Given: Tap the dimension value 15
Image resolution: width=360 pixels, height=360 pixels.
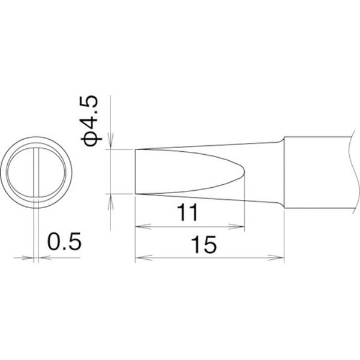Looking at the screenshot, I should [x=203, y=245].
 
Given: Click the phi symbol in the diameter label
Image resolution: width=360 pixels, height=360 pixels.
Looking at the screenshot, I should [x=95, y=139].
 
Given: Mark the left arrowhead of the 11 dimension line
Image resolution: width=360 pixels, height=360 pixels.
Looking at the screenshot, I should [x=140, y=227].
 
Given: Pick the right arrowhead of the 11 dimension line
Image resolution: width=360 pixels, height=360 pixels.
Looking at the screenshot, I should [x=241, y=227].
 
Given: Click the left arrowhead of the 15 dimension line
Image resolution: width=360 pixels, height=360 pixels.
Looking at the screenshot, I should [x=140, y=259].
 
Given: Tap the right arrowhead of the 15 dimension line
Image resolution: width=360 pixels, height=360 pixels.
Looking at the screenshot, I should [x=280, y=259].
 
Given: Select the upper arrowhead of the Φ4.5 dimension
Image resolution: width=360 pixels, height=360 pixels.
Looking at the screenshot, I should [x=109, y=144].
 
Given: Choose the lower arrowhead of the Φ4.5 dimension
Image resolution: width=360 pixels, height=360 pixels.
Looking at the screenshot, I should [x=109, y=199].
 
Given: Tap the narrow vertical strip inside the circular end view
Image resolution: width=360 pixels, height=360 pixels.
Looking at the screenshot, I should [x=38, y=172].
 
